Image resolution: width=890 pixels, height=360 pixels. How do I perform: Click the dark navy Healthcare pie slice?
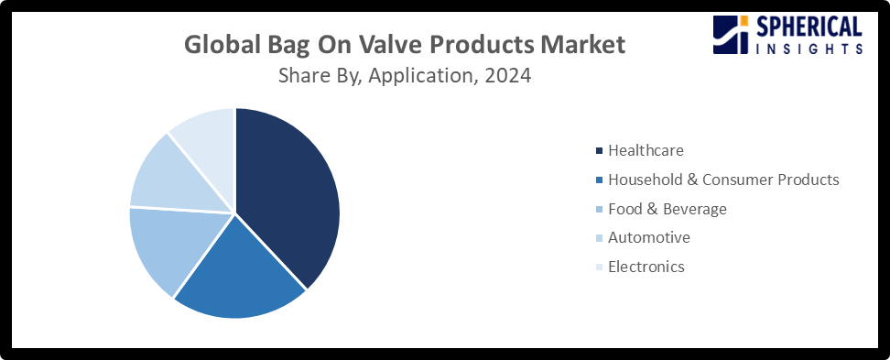coord(288,192)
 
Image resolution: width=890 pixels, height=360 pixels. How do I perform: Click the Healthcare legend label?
coord(646,150)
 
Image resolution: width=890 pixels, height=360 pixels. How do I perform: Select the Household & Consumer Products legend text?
coord(723,180)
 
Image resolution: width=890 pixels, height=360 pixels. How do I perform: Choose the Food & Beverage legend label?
coord(667,209)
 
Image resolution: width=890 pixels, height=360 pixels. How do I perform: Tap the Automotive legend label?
coord(648,238)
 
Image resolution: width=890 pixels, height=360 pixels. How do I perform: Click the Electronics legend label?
coord(646,267)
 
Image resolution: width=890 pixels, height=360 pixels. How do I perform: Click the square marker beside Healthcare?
coord(599,151)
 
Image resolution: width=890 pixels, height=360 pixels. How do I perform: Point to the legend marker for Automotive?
coord(599,239)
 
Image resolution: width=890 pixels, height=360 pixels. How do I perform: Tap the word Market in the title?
coord(581,44)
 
